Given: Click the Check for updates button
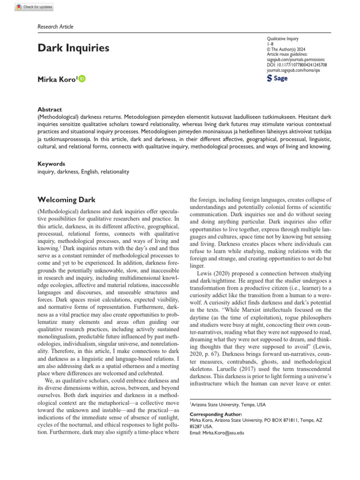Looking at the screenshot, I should tap(34, 7).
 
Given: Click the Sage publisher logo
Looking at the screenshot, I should tap(277, 78).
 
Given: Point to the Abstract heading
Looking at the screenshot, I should tap(50, 109).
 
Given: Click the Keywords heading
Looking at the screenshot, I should tap(51, 164).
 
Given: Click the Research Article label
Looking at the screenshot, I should tap(55, 27).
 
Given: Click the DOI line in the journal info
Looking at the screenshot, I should tap(296, 65).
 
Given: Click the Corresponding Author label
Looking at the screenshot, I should tap(216, 414).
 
